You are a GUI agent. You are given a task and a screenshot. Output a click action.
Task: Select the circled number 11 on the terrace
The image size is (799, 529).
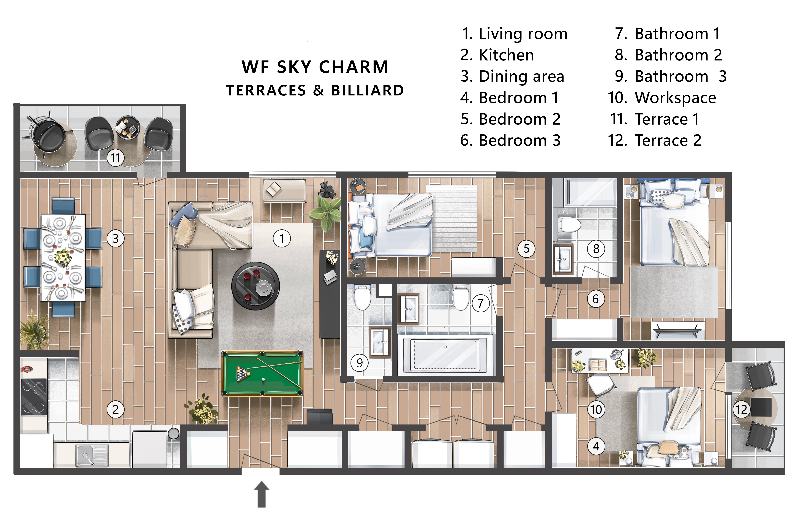116,158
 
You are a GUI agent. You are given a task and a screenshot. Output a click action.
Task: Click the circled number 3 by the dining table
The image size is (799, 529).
116,239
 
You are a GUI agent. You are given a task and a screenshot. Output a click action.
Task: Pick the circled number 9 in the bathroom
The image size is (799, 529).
360,363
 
